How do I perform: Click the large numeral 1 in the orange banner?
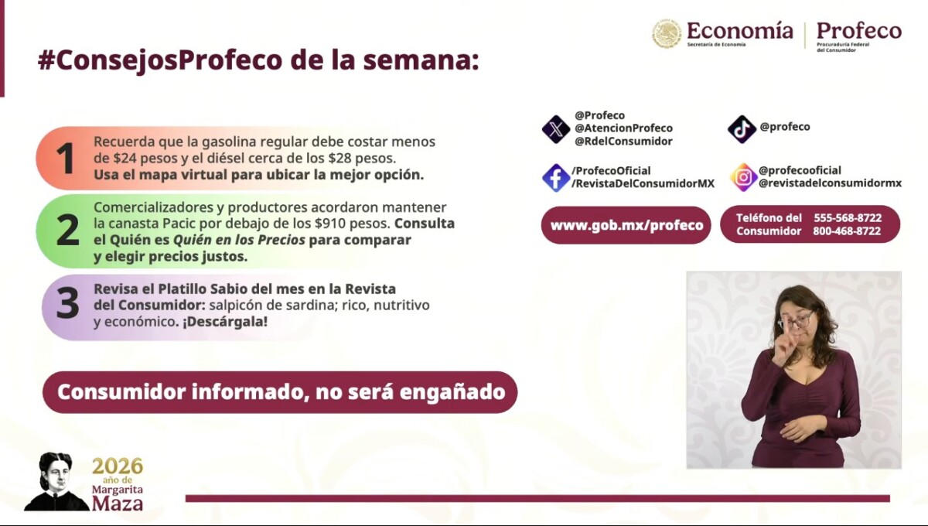tap(66, 158)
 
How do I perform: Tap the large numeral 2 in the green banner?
tap(67, 230)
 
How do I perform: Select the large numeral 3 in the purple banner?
tap(67, 303)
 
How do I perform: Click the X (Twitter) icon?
tap(556, 129)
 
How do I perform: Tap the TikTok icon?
tap(742, 129)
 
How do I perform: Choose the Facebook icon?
tap(556, 177)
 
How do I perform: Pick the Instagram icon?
tap(743, 177)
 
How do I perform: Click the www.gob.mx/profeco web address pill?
tap(626, 225)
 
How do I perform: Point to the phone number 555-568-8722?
tap(848, 218)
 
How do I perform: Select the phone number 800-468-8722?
tap(847, 231)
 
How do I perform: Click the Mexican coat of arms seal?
tap(667, 33)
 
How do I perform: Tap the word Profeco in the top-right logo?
tap(859, 31)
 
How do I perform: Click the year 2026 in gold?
tap(118, 466)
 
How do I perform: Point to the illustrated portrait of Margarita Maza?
tap(56, 481)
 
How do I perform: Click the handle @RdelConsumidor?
tap(623, 142)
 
